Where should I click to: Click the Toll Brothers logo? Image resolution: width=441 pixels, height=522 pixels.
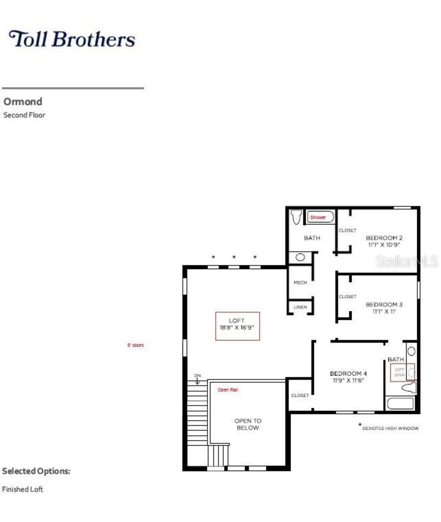(x=72, y=39)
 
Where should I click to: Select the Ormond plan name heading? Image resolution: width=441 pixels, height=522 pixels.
(x=23, y=102)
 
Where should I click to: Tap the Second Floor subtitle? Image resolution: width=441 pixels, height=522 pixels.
(x=24, y=115)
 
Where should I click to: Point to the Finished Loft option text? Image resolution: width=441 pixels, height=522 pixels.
(x=22, y=489)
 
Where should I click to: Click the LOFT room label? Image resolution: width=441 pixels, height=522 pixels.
(x=237, y=321)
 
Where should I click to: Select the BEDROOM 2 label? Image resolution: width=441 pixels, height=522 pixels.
(x=384, y=238)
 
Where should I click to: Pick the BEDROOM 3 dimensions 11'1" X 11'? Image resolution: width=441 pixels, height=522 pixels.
(x=384, y=312)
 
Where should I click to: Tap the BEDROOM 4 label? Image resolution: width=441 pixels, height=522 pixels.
(x=348, y=374)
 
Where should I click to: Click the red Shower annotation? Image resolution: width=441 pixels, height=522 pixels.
(x=318, y=217)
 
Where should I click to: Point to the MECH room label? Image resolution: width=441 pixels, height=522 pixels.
(x=300, y=283)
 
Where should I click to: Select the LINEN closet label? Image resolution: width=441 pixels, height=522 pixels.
(x=300, y=307)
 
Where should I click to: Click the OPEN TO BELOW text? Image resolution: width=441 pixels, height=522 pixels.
(x=248, y=424)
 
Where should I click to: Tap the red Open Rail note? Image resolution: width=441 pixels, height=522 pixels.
(x=228, y=390)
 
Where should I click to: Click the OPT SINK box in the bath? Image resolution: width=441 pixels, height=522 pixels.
(x=402, y=373)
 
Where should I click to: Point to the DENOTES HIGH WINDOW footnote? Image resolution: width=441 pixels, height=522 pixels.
(x=390, y=428)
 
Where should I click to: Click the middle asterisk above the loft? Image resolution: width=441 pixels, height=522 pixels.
(x=234, y=257)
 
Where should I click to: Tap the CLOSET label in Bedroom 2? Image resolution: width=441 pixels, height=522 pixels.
(x=347, y=230)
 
